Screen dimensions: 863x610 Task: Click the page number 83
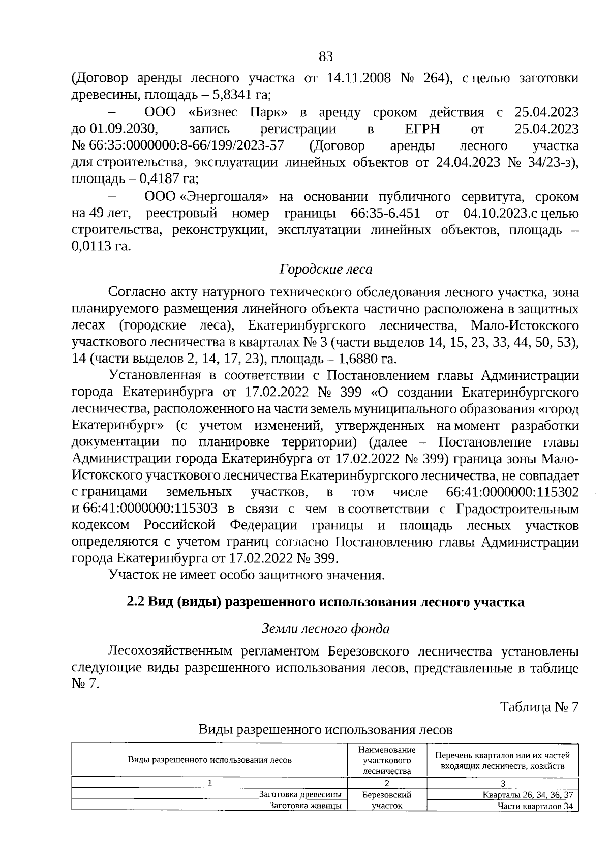click(325, 56)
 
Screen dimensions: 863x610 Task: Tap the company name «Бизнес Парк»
click(235, 112)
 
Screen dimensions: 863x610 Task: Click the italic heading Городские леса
click(325, 270)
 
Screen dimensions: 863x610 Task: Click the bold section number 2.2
click(136, 602)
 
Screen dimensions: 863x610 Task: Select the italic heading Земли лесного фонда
click(325, 629)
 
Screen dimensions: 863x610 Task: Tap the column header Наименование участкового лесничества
click(386, 760)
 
